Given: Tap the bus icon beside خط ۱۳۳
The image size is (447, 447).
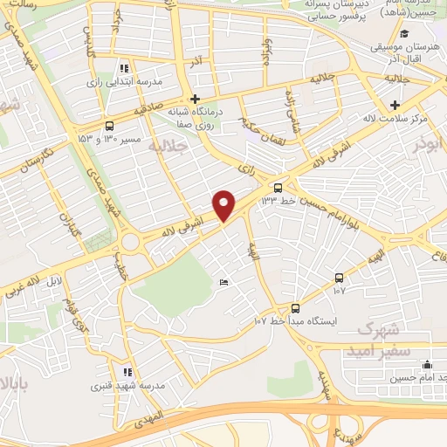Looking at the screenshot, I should (278, 187).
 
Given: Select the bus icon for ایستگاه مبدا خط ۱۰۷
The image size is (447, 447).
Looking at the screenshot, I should (295, 307).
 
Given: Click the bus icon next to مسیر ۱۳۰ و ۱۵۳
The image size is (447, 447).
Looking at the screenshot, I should (109, 125).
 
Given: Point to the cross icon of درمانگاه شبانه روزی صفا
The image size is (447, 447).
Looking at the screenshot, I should (195, 99).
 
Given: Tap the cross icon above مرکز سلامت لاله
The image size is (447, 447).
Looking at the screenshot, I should (395, 106).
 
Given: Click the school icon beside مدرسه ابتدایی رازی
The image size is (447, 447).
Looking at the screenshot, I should (125, 67).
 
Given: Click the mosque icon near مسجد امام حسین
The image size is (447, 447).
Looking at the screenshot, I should (427, 365).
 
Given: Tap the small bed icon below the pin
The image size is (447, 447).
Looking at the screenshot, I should (224, 282).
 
